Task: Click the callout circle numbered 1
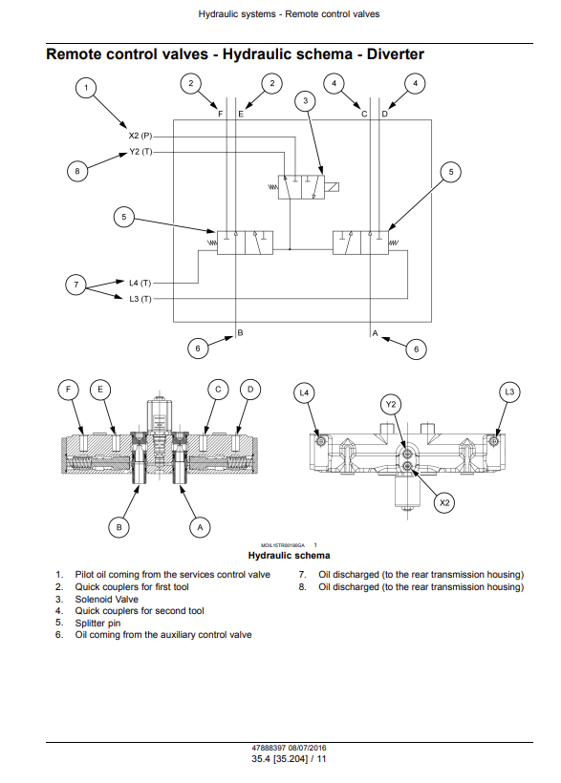pyautogui.click(x=86, y=88)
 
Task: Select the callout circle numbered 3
pyautogui.click(x=306, y=101)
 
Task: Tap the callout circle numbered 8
pyautogui.click(x=77, y=171)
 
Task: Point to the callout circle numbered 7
pyautogui.click(x=76, y=285)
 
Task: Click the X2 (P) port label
pyautogui.click(x=140, y=136)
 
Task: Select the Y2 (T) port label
pyautogui.click(x=140, y=152)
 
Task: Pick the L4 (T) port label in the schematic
pyautogui.click(x=140, y=284)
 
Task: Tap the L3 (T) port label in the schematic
pyautogui.click(x=140, y=299)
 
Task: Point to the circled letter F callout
pyautogui.click(x=69, y=390)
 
